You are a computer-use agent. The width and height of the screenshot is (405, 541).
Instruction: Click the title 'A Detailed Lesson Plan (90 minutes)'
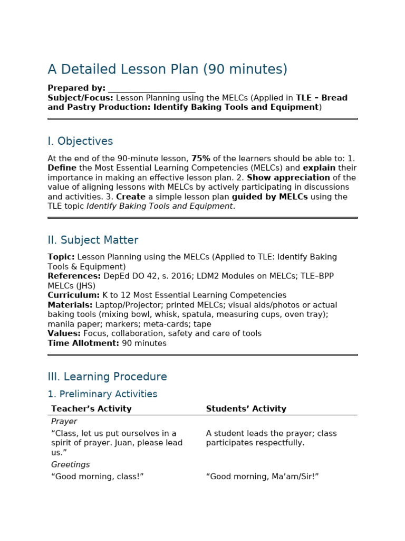(167, 70)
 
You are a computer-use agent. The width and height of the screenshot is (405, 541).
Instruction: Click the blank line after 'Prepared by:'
(151, 88)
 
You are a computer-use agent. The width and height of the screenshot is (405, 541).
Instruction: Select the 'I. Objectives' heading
(80, 142)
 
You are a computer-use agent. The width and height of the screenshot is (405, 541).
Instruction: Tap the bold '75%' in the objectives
(200, 158)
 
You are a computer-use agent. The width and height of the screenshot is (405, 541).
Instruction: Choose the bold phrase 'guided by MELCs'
(271, 197)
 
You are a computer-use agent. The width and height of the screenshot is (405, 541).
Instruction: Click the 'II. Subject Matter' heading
(93, 240)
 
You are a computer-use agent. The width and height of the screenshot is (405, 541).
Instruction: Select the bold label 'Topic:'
(61, 257)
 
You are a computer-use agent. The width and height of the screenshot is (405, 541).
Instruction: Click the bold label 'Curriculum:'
(73, 295)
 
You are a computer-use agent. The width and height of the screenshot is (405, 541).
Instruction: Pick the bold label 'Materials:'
(70, 305)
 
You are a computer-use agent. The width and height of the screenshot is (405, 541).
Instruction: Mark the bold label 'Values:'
(64, 333)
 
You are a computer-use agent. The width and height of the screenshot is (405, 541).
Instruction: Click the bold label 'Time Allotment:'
(83, 343)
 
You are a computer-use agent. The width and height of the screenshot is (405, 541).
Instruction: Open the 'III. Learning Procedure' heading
(107, 377)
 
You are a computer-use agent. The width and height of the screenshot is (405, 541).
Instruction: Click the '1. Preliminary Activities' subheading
(102, 394)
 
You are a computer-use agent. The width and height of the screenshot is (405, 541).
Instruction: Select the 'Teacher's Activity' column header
(91, 409)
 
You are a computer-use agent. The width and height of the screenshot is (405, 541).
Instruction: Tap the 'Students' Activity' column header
(246, 409)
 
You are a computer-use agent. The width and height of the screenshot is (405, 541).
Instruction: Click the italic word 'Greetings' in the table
(70, 464)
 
